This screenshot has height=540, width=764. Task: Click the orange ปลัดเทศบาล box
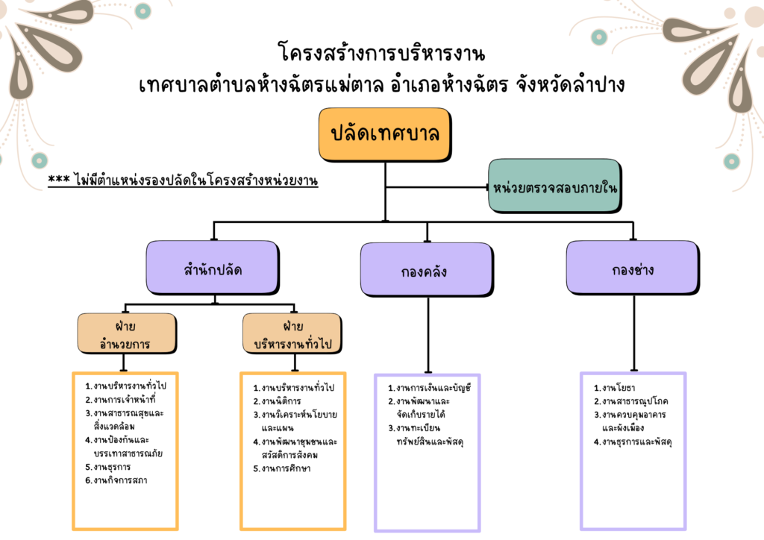pos(384,134)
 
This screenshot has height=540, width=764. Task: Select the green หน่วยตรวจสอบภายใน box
pos(554,186)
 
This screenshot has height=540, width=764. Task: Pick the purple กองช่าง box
pos(632,269)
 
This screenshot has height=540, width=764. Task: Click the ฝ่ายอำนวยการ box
pos(127,333)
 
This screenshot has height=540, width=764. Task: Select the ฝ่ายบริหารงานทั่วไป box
pos(292,333)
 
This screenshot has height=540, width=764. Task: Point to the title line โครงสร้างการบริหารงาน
pos(381,54)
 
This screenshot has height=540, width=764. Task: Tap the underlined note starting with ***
pos(183,180)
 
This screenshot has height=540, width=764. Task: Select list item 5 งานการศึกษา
pos(286,468)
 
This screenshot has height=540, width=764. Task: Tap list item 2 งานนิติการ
pos(281,401)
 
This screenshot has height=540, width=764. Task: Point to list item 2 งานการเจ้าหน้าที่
pos(124,400)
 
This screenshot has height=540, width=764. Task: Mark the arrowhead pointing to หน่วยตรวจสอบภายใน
pos(484,186)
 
